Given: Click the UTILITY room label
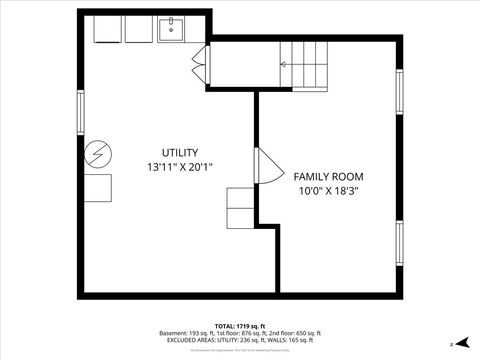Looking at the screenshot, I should pos(180,151).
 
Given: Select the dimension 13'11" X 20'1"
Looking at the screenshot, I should pos(180,167).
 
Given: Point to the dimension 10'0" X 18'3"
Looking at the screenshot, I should pos(327,190).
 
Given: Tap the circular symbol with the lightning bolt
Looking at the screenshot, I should pos(98,155).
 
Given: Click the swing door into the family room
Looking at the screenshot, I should pos(268,166).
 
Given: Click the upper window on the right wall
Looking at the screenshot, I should pos(399,93).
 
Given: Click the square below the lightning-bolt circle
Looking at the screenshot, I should pos(99,189).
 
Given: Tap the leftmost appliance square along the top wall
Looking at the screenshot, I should pos(108,30).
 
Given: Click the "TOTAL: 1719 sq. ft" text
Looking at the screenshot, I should pos(239,326).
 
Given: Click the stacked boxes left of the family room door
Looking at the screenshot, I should pos(242,208).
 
